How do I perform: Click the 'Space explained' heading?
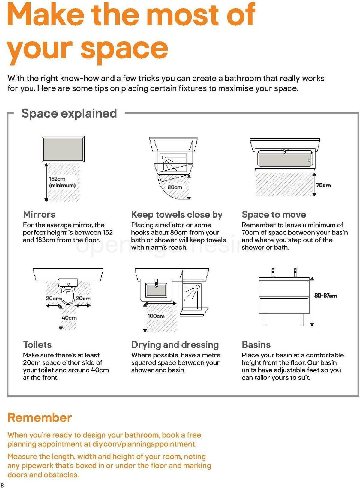tap(69, 113)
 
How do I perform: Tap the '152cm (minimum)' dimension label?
tap(62, 182)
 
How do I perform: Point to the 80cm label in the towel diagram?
tap(175, 187)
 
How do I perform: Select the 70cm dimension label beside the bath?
tap(324, 185)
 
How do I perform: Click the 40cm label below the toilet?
tap(69, 318)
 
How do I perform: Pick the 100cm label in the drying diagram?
tap(156, 316)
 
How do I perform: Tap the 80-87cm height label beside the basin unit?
tap(326, 296)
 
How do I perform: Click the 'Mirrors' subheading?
tap(39, 214)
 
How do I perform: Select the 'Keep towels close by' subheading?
tap(177, 214)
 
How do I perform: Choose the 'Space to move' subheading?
tap(274, 214)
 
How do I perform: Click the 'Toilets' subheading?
tap(37, 344)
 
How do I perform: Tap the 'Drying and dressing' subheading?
tap(175, 344)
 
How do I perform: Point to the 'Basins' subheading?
tap(256, 344)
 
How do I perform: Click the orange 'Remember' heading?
tap(40, 417)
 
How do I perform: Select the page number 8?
tap(2, 485)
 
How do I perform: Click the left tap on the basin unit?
tap(273, 272)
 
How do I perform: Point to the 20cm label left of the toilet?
tap(53, 298)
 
